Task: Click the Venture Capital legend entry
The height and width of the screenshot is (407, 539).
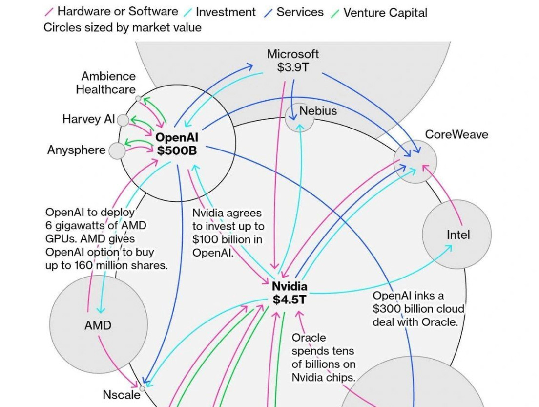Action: click(x=385, y=12)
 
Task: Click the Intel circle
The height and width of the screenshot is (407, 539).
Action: click(x=457, y=235)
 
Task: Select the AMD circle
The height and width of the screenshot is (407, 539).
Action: click(x=98, y=325)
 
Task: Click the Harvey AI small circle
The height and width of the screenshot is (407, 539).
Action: click(x=123, y=120)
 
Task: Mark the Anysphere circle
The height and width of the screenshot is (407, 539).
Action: click(x=117, y=151)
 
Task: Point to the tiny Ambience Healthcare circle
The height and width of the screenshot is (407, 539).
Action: click(x=138, y=98)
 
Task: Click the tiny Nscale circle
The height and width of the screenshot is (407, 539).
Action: click(x=142, y=389)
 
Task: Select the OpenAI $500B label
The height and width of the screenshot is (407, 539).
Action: click(x=177, y=144)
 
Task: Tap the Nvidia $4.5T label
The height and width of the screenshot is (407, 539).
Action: click(x=290, y=293)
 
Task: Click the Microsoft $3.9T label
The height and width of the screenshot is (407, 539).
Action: click(x=293, y=61)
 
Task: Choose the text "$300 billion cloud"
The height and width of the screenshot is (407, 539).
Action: click(x=418, y=309)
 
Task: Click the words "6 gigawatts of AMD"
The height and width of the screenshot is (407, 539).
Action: click(x=96, y=226)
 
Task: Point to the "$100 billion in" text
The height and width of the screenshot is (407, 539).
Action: click(x=228, y=239)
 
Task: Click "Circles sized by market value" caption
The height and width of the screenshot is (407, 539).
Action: click(x=123, y=27)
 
